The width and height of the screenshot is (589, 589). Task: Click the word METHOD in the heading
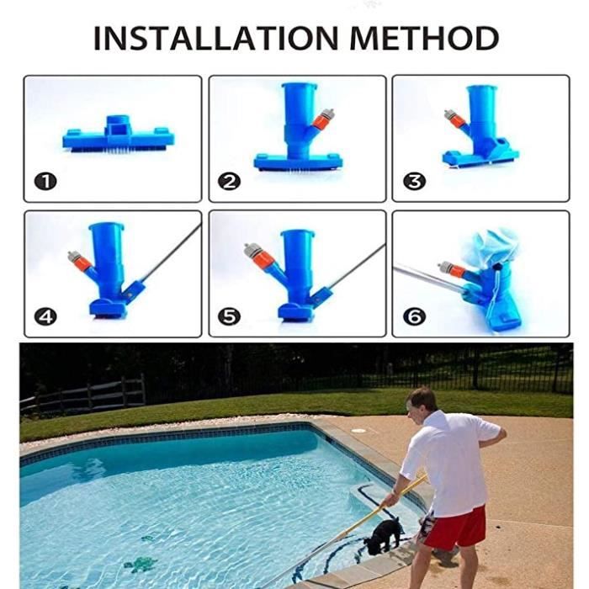click(424, 38)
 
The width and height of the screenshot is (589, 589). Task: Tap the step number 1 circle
click(45, 182)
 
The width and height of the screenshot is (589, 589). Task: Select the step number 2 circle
click(229, 182)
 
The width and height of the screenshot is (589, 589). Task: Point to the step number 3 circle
click(414, 182)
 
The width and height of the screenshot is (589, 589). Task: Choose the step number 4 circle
click(45, 316)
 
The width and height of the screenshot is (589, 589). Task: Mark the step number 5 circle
click(229, 316)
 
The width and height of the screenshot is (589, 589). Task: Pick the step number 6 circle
click(414, 316)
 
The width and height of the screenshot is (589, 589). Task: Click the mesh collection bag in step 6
click(491, 246)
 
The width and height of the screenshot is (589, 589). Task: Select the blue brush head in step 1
click(119, 135)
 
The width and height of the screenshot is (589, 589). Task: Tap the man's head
click(421, 404)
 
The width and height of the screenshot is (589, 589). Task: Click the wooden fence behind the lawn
click(83, 395)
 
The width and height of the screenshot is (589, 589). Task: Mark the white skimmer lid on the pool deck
click(358, 431)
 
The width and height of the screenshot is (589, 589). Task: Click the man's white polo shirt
click(451, 463)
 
